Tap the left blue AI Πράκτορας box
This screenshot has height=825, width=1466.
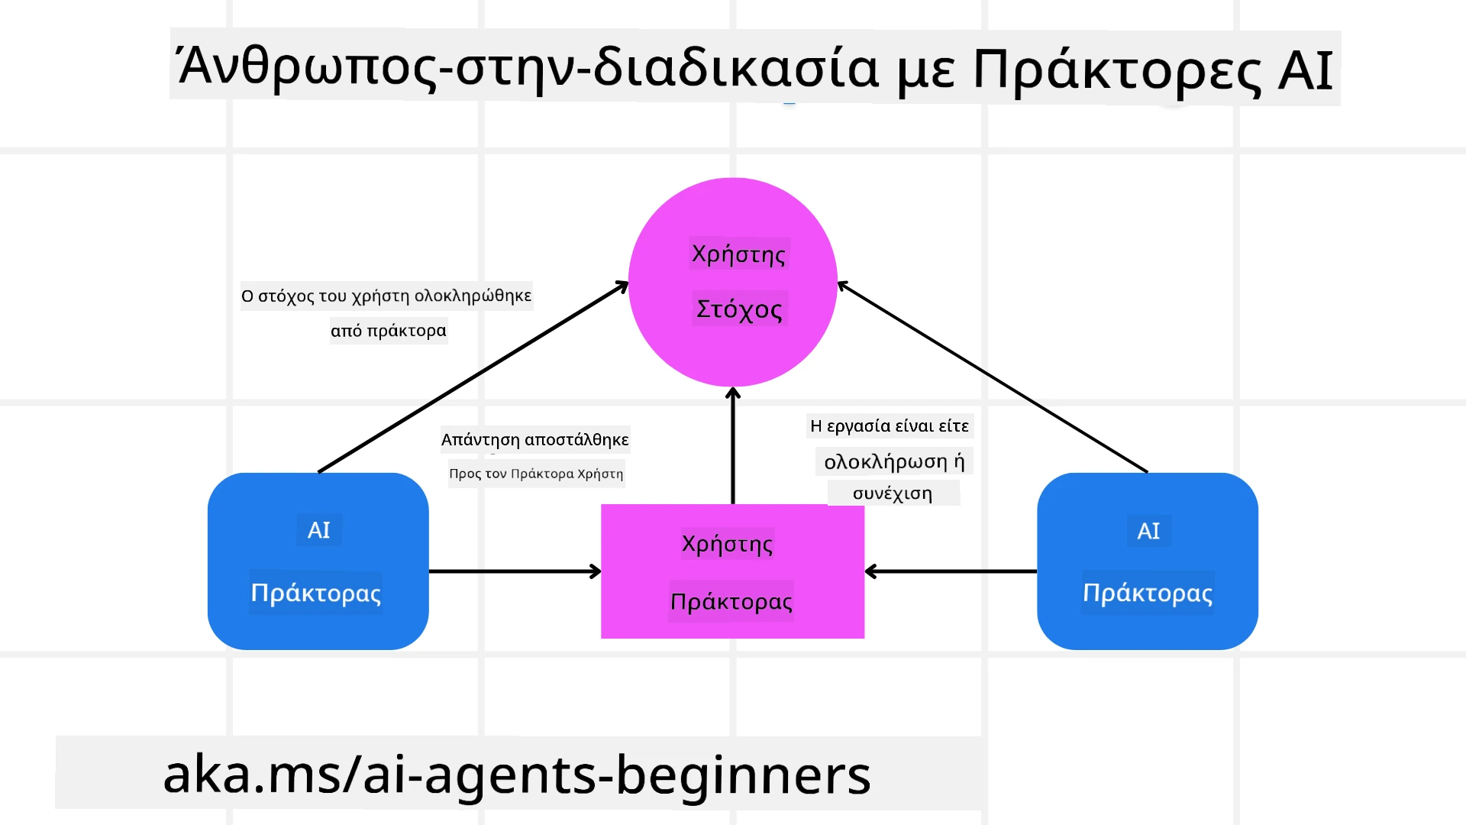[318, 561]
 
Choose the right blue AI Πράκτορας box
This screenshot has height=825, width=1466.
[1147, 561]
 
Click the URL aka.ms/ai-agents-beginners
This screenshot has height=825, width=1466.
[516, 775]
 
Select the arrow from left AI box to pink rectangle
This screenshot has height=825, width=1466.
[515, 571]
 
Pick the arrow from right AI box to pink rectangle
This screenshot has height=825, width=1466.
[951, 571]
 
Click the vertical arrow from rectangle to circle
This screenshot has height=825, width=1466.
[733, 447]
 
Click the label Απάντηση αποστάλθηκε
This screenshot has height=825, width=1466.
[534, 440]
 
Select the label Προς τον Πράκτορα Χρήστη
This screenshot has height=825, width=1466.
[536, 474]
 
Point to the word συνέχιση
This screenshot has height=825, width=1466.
[892, 493]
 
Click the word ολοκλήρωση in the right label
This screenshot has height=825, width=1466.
[885, 461]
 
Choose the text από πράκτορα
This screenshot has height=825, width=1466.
[388, 331]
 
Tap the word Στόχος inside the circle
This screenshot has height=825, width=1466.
[739, 309]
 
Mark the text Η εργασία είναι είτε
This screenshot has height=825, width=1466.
[890, 425]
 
